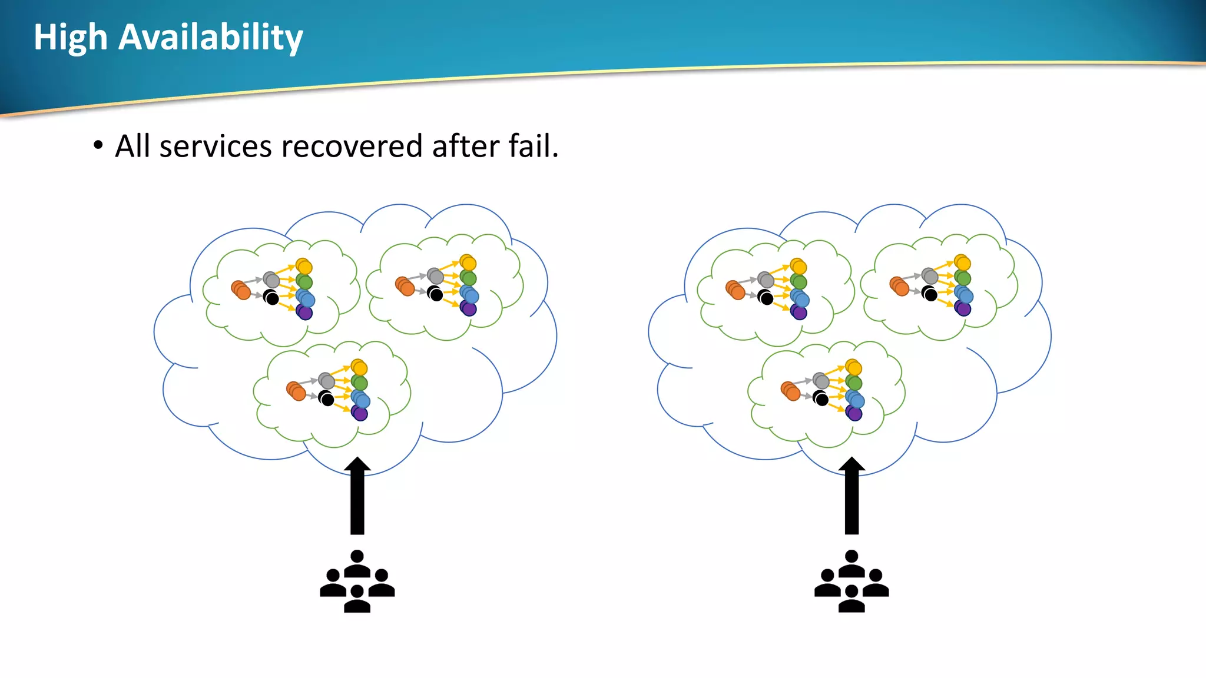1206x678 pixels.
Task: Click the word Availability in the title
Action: (x=210, y=38)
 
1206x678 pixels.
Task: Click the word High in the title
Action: (x=71, y=38)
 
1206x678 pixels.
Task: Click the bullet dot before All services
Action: (x=98, y=145)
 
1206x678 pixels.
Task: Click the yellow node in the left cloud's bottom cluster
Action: (x=359, y=368)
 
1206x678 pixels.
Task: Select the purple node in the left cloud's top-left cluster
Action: (x=304, y=312)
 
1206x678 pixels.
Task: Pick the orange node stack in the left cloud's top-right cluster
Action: (x=405, y=286)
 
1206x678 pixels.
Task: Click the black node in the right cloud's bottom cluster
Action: (x=821, y=399)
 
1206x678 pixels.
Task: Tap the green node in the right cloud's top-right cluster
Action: (x=963, y=278)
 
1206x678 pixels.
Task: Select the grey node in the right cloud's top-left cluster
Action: (x=766, y=280)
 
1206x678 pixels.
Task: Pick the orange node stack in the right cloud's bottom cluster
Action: (x=790, y=391)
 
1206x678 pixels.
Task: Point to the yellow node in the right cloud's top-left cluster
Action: (x=799, y=267)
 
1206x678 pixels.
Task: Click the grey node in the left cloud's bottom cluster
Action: (x=326, y=381)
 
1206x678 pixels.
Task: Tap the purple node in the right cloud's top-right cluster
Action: (x=963, y=308)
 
